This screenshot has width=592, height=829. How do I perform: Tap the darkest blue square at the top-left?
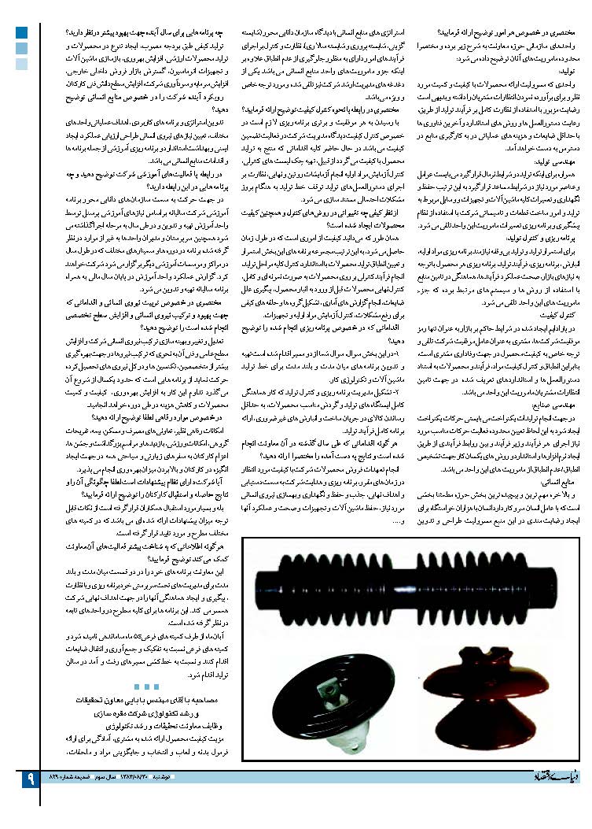[22, 33]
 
